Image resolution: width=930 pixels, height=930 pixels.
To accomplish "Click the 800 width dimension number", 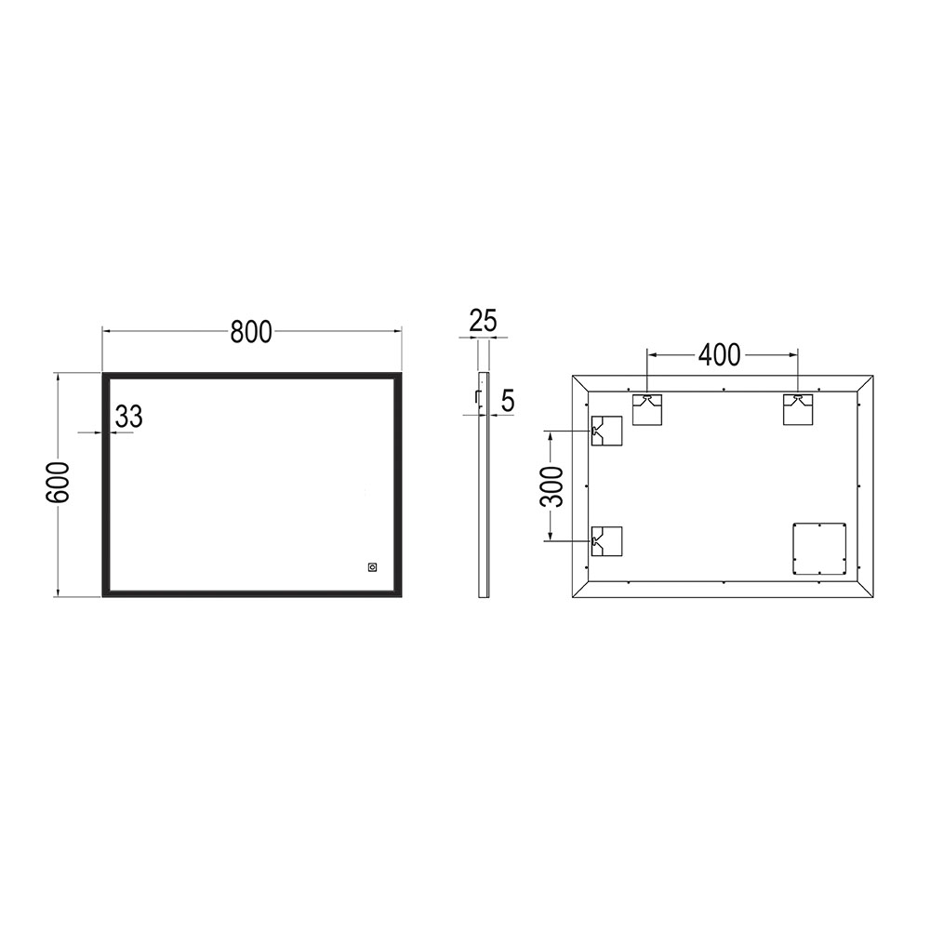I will pyautogui.click(x=251, y=332).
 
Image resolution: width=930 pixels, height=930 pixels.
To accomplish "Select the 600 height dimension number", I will pyautogui.click(x=59, y=482).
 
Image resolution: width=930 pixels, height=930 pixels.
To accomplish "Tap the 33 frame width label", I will pyautogui.click(x=129, y=418).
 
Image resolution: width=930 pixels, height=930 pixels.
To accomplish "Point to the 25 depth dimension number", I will pyautogui.click(x=483, y=322).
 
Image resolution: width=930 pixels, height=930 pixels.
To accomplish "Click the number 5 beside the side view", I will pyautogui.click(x=507, y=401).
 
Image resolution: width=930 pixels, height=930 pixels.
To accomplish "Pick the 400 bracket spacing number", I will pyautogui.click(x=720, y=354).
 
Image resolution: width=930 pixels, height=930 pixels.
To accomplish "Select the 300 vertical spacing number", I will pyautogui.click(x=551, y=485).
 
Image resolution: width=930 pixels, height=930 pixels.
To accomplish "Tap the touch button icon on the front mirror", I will pyautogui.click(x=372, y=565).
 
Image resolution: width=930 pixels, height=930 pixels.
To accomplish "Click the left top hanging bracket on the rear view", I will pyautogui.click(x=647, y=409).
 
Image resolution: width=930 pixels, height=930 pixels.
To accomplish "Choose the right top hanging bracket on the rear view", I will pyautogui.click(x=797, y=409).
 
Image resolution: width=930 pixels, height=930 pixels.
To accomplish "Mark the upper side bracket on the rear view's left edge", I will pyautogui.click(x=605, y=431).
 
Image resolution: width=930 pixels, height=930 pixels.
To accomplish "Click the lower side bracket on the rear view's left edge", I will pyautogui.click(x=605, y=541).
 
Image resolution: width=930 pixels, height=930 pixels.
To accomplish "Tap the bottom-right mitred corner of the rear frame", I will pyautogui.click(x=866, y=588).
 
